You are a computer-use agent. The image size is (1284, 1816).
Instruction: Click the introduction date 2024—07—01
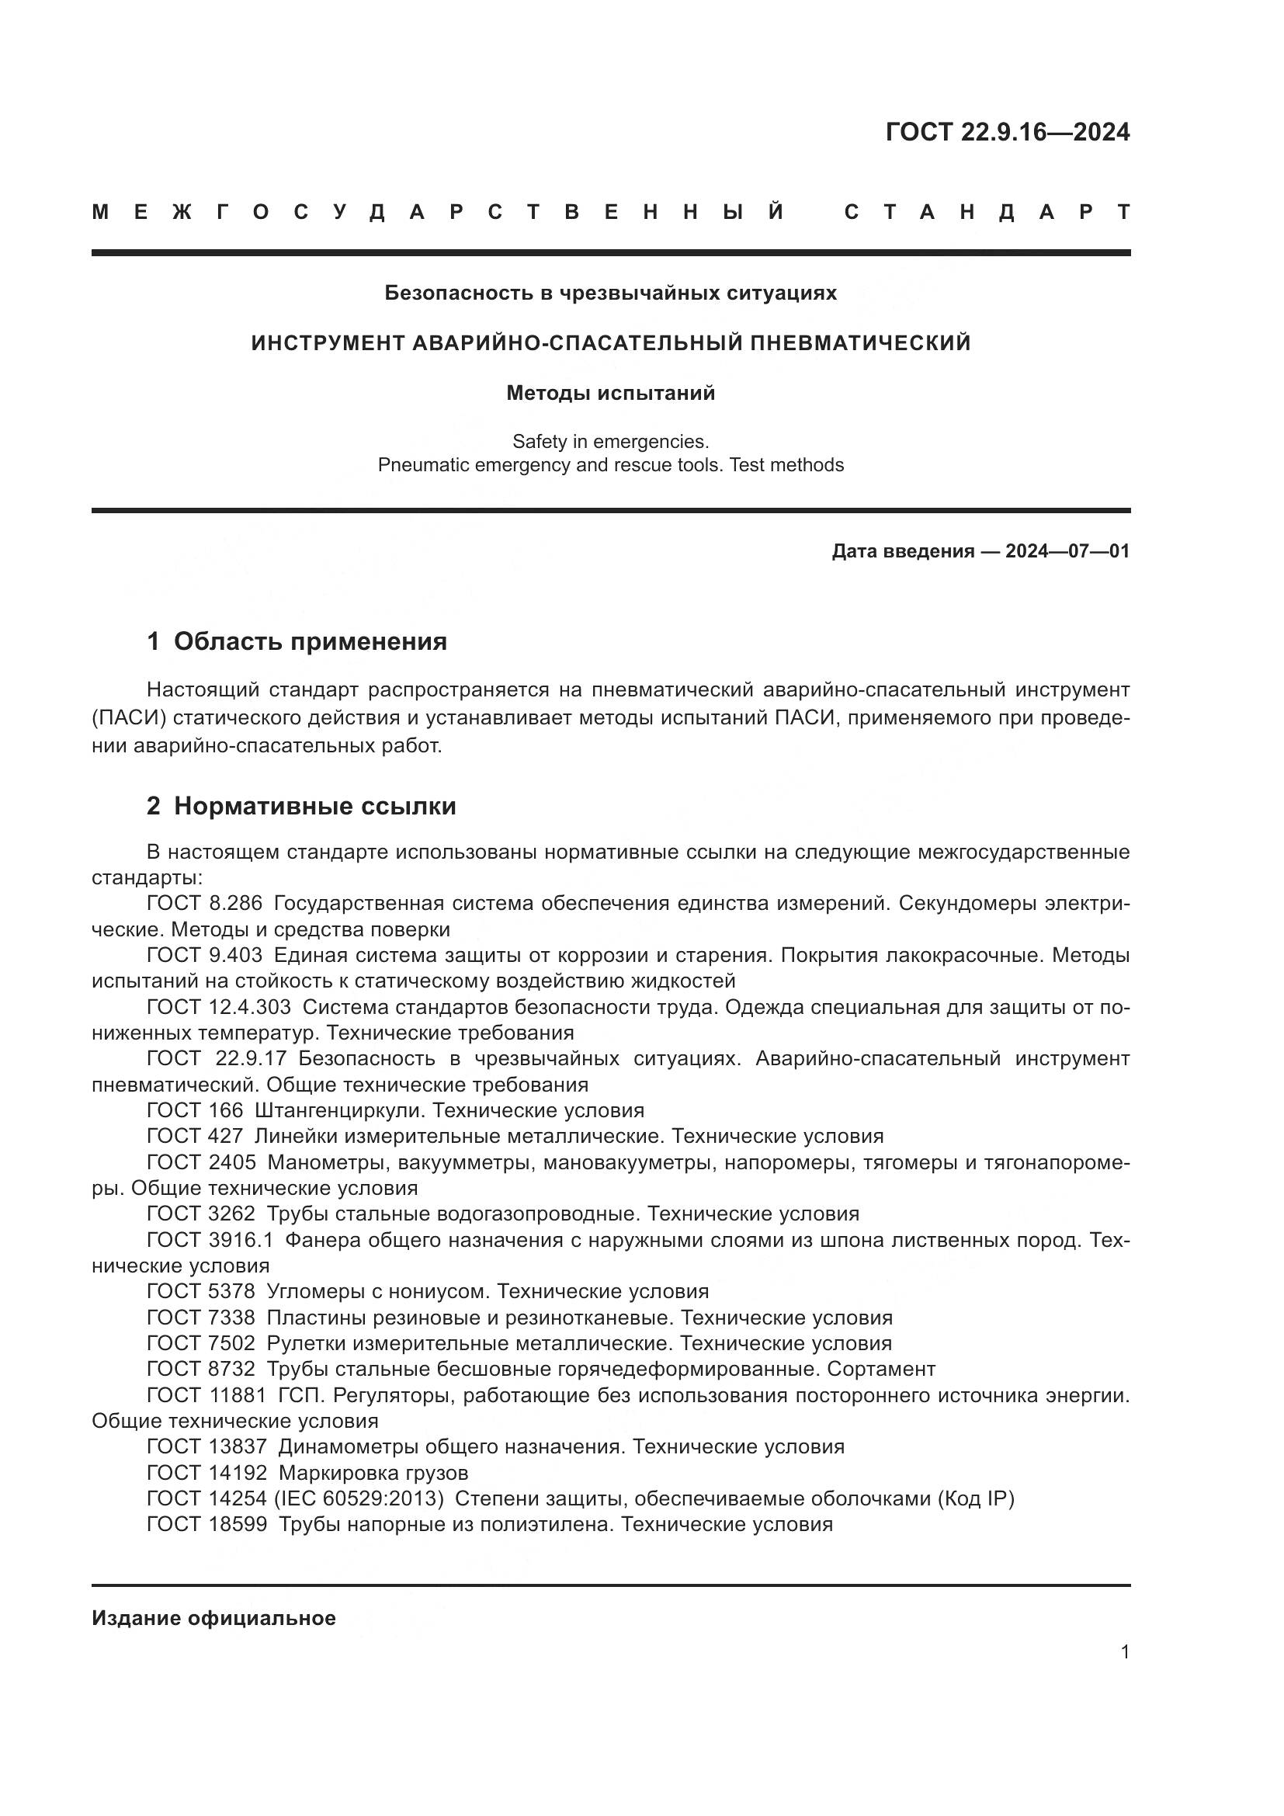tap(1067, 551)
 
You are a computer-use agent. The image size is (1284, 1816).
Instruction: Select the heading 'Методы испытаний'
tap(610, 393)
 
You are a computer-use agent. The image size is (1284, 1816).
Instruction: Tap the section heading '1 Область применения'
tap(297, 641)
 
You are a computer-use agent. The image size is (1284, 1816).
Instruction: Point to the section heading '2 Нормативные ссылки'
tap(301, 806)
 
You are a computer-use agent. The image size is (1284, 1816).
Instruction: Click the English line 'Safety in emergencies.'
tap(610, 441)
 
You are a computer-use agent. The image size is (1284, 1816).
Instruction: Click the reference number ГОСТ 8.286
tap(204, 903)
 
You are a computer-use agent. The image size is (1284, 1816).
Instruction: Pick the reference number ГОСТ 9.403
tap(204, 955)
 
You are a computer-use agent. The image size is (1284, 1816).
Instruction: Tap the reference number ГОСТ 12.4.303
tap(218, 1007)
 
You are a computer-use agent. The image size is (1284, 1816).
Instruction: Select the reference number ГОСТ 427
tap(195, 1136)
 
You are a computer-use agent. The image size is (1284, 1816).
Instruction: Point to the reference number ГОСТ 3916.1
tap(210, 1240)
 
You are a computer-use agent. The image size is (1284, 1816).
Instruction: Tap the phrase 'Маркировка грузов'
tap(373, 1473)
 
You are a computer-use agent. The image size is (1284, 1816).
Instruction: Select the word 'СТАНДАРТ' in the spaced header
tap(987, 212)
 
